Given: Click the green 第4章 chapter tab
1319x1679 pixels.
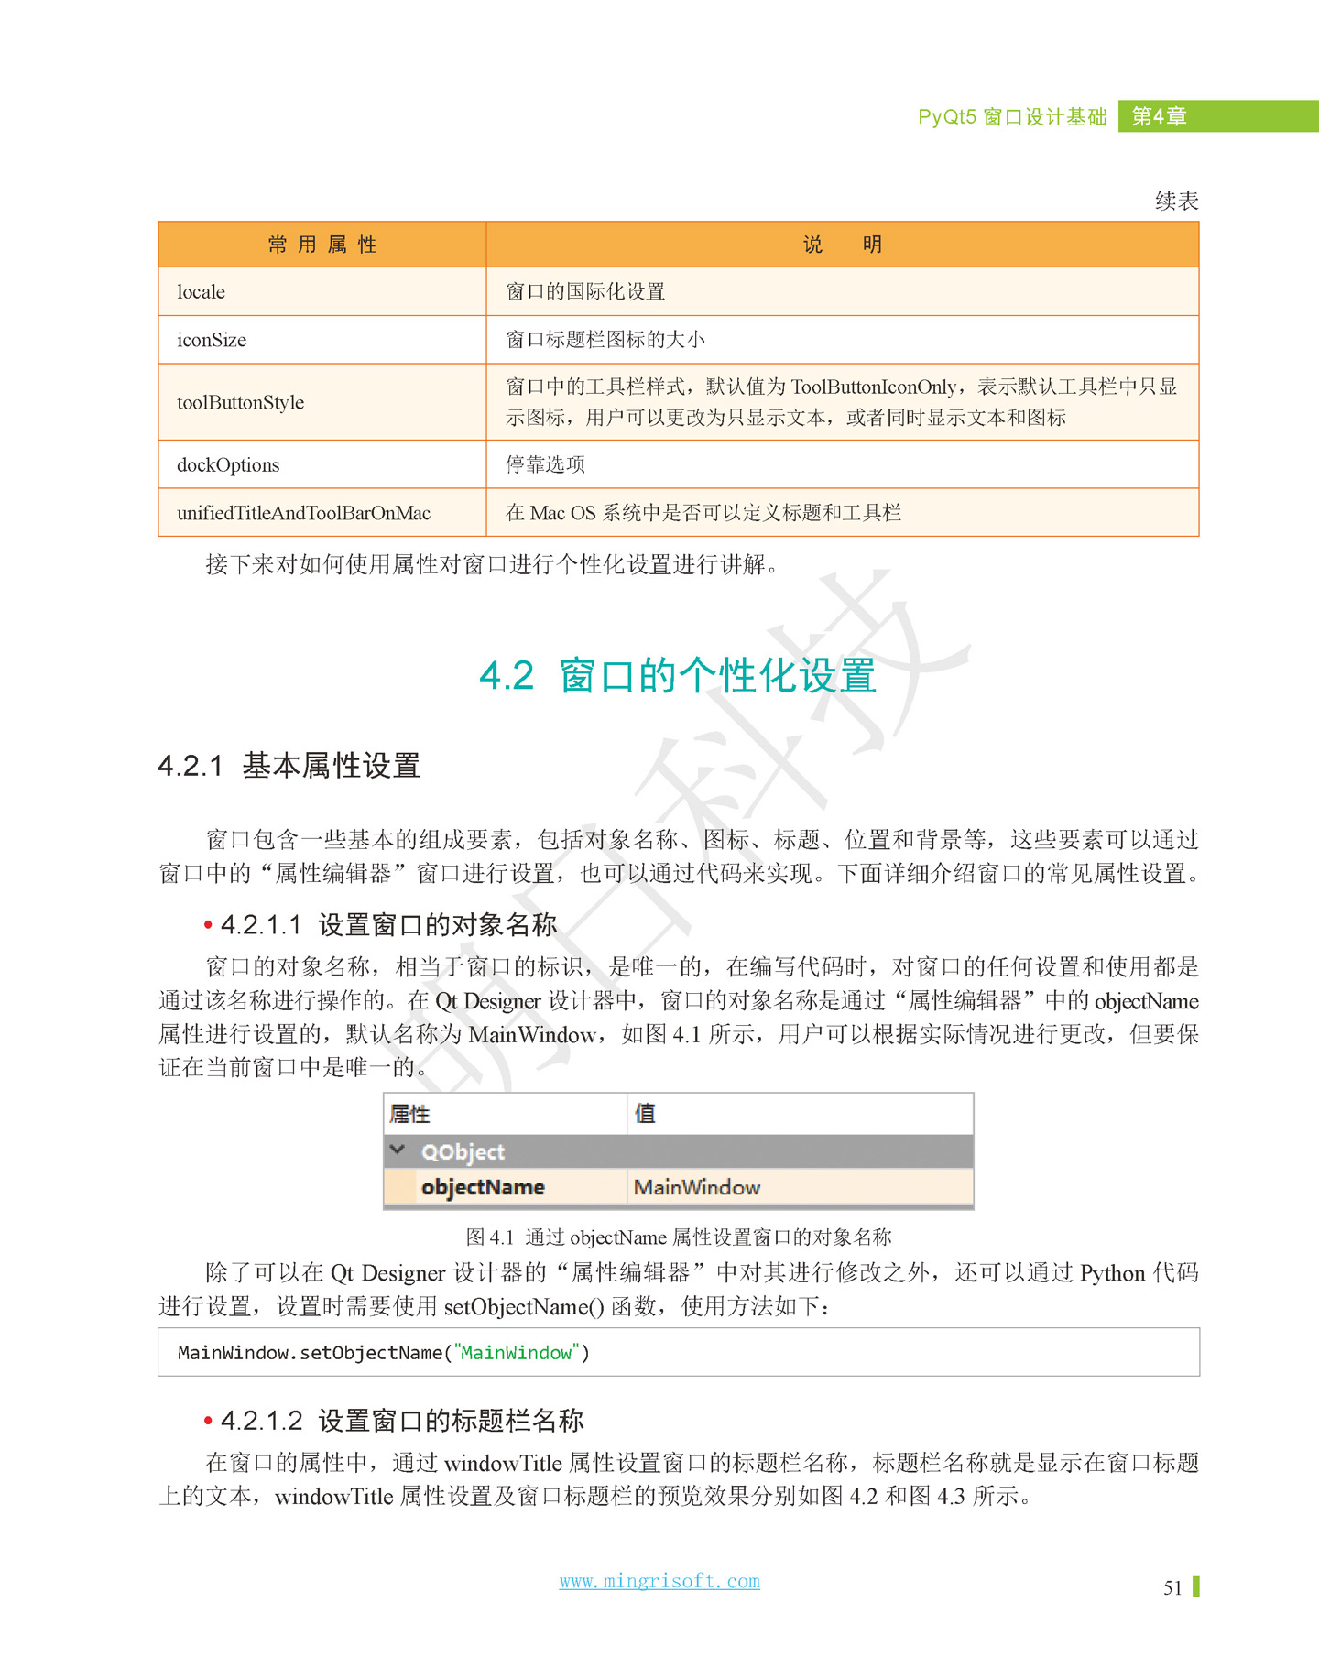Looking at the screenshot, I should tap(1160, 116).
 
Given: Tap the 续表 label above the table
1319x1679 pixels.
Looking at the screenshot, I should tap(1176, 201).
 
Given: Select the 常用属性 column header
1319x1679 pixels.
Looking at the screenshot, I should tap(322, 245).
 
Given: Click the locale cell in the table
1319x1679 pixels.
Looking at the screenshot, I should tap(202, 292).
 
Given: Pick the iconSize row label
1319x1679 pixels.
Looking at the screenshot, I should tap(212, 340).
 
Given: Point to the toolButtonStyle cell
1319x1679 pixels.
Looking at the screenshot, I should tap(241, 402).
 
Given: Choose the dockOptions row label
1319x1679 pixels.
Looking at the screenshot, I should tap(228, 464).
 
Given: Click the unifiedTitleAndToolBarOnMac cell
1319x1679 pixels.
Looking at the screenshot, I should tap(303, 513).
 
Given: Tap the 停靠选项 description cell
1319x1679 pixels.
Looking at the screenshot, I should tap(546, 464).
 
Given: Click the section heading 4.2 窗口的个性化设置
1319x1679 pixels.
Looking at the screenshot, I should tap(678, 676).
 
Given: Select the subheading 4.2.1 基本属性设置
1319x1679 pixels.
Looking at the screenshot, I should tap(289, 765).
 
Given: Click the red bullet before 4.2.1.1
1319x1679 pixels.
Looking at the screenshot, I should tap(209, 926).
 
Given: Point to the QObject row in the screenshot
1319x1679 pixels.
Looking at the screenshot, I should tap(463, 1151).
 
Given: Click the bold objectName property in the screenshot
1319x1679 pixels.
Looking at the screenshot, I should tap(483, 1187).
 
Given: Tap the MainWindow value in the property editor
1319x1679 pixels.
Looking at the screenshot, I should tap(697, 1187).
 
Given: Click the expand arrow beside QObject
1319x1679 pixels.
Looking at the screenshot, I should tap(398, 1150).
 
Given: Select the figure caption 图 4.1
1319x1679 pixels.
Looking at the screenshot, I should tap(678, 1237).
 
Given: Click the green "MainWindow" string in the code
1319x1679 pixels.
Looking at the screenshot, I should tap(517, 1353).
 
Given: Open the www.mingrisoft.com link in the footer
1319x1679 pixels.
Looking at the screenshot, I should tap(659, 1581).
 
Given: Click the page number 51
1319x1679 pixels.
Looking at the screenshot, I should tap(1172, 1588).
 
